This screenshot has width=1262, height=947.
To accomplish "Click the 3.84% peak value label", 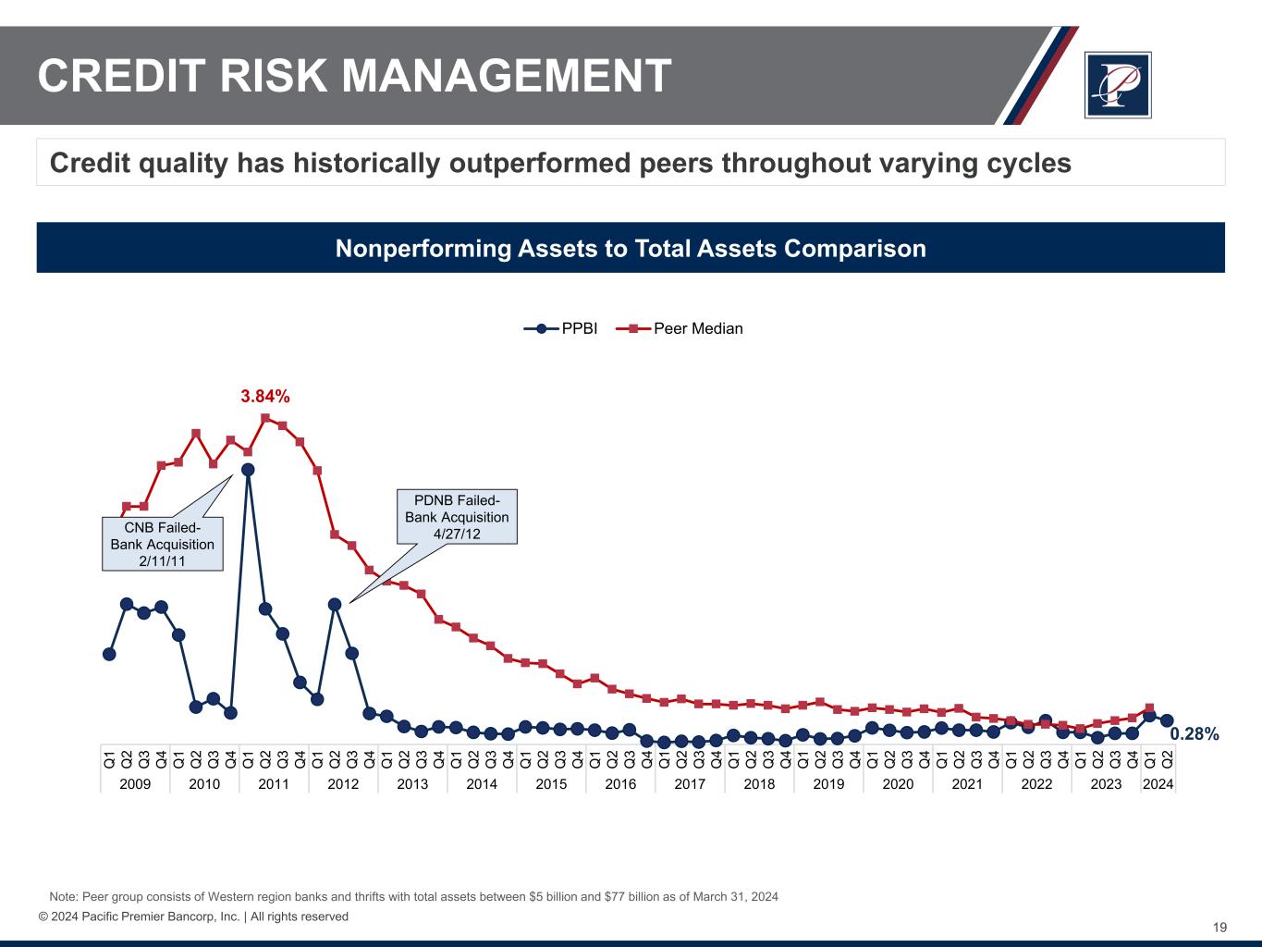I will click(265, 397).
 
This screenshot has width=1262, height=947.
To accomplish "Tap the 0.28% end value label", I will click(1195, 734).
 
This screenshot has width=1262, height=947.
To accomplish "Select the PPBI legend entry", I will click(561, 328).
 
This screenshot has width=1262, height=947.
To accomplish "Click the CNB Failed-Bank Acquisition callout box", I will click(162, 544).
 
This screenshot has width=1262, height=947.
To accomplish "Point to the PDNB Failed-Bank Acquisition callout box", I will click(457, 517).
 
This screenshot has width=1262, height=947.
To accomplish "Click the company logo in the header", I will click(1118, 85).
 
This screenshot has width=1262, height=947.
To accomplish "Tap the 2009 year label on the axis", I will click(135, 784).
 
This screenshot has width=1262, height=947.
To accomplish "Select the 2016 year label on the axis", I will click(620, 784).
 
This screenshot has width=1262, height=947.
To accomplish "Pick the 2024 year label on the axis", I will click(1158, 784).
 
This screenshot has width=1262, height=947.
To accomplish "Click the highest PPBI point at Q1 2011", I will click(248, 470).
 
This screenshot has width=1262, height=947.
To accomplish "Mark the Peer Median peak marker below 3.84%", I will click(265, 418).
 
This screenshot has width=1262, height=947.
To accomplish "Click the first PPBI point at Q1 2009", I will click(109, 654).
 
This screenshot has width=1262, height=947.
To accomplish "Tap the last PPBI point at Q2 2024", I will click(1167, 720).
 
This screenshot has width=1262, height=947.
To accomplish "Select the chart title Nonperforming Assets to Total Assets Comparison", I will click(631, 249).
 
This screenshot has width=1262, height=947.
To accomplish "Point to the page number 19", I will click(1219, 928).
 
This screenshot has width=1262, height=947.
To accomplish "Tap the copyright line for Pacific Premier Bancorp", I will click(193, 916).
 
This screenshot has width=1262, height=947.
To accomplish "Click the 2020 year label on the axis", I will click(898, 784).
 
